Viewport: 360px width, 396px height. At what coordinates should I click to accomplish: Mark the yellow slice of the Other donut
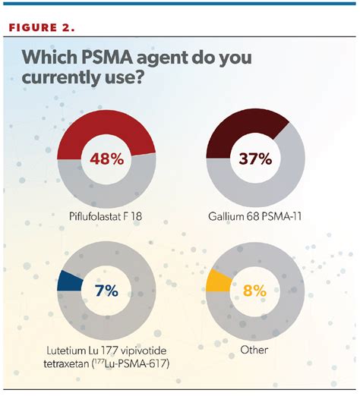217,280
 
